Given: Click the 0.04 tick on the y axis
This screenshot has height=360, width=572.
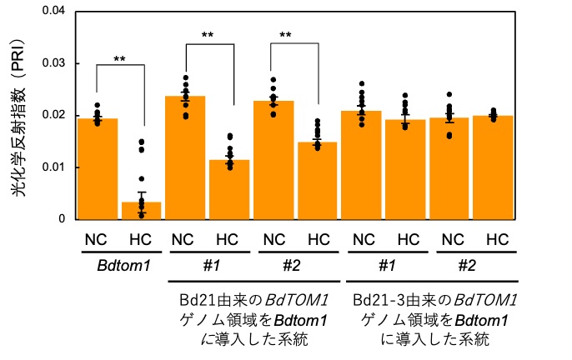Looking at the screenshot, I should (x=58, y=11).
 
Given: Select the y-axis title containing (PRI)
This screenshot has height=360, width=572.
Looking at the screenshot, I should (x=18, y=115).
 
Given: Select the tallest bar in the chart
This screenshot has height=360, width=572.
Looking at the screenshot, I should (x=186, y=157).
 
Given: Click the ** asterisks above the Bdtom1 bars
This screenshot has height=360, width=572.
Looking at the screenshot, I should (x=119, y=60).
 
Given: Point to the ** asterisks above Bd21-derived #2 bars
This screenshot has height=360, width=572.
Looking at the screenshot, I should (x=285, y=36).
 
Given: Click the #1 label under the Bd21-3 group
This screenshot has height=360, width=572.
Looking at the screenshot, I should (x=385, y=264).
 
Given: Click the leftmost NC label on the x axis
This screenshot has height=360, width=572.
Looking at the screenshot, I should (x=97, y=240).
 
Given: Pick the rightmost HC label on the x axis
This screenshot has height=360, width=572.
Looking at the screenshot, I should (x=497, y=240).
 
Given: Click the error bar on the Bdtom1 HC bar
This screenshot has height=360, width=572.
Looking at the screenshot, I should (x=142, y=202).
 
